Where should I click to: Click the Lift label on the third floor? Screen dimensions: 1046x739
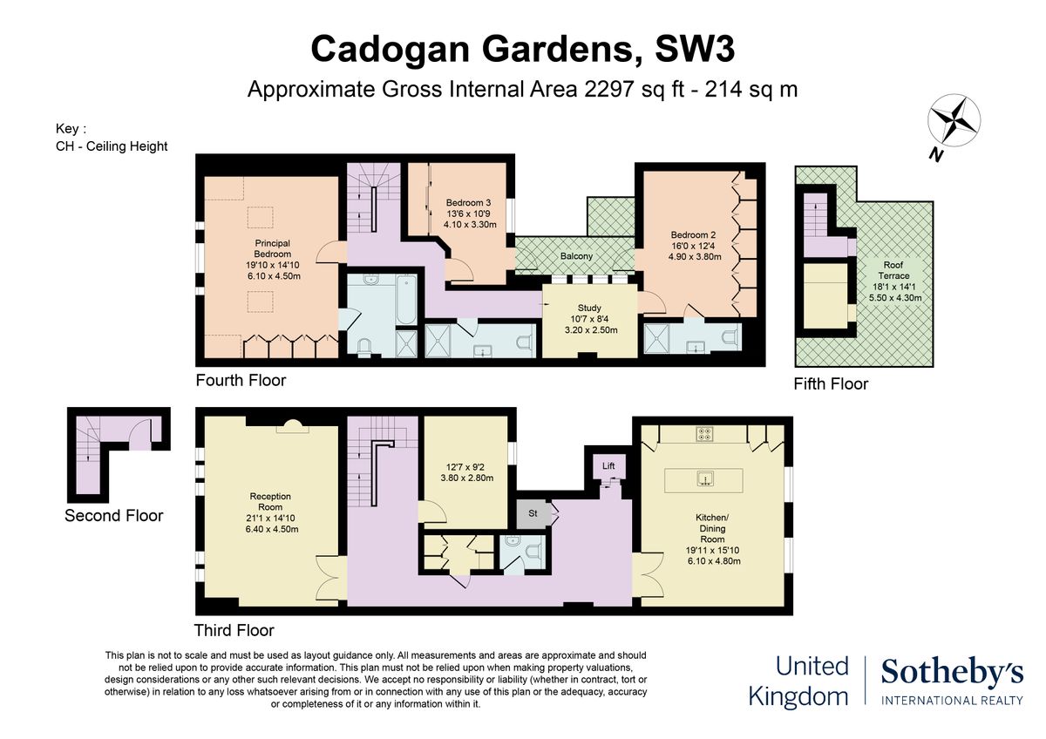pos(608,465)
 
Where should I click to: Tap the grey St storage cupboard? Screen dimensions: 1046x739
pos(533,513)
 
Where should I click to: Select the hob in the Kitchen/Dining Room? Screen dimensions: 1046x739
pos(703,434)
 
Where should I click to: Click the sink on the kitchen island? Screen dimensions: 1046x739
pos(703,479)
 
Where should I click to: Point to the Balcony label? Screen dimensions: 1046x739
pos(576,256)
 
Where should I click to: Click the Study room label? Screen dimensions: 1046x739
pos(589,308)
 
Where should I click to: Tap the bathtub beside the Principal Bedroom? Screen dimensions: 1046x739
pos(406,299)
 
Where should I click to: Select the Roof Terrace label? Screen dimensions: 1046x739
pos(893,270)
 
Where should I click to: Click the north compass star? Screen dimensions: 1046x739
pos(954,120)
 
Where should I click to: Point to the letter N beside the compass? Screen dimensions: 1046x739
pos(934,155)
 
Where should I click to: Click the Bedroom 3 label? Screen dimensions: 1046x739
pos(468,202)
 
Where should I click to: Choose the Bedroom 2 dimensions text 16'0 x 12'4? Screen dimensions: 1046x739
pos(694,246)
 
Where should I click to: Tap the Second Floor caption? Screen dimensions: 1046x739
pos(113,515)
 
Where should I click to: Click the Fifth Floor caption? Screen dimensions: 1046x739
pos(831,383)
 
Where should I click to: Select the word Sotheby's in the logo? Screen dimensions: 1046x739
pos(952,673)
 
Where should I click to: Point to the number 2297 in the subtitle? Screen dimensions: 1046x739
pos(609,89)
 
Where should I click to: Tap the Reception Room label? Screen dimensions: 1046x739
pos(270,501)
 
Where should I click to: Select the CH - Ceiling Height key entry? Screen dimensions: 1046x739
pos(112,146)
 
